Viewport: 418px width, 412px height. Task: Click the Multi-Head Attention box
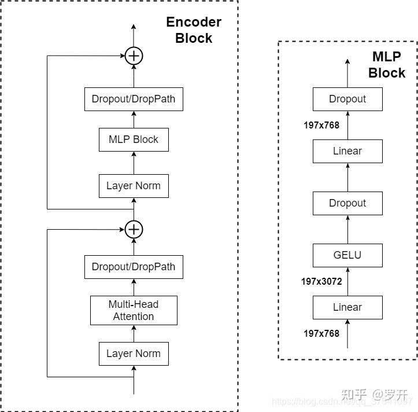[134, 310]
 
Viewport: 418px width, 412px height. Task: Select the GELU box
[347, 255]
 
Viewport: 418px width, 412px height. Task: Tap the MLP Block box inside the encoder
[134, 139]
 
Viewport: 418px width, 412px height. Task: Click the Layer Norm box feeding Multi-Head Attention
[134, 354]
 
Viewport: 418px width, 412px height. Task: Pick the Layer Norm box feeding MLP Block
[134, 186]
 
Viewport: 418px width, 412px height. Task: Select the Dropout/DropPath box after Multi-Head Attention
[134, 267]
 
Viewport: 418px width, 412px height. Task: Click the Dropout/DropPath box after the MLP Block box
[134, 99]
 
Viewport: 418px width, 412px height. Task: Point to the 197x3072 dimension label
[321, 282]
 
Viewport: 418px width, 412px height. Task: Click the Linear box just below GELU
[347, 307]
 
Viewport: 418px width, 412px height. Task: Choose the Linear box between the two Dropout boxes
[347, 151]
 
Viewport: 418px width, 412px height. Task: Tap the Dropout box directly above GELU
[347, 203]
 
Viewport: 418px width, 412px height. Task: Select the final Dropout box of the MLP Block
[347, 99]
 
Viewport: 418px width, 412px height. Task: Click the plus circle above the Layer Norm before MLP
[134, 229]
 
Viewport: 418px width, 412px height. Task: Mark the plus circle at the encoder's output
[134, 56]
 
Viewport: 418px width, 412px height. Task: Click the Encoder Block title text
[194, 30]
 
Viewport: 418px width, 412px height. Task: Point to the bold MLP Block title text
[387, 65]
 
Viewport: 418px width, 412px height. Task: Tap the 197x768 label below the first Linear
[321, 333]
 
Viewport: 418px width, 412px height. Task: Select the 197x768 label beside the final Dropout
[321, 125]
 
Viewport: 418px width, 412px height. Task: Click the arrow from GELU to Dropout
[347, 229]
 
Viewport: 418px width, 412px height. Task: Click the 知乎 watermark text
[354, 395]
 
